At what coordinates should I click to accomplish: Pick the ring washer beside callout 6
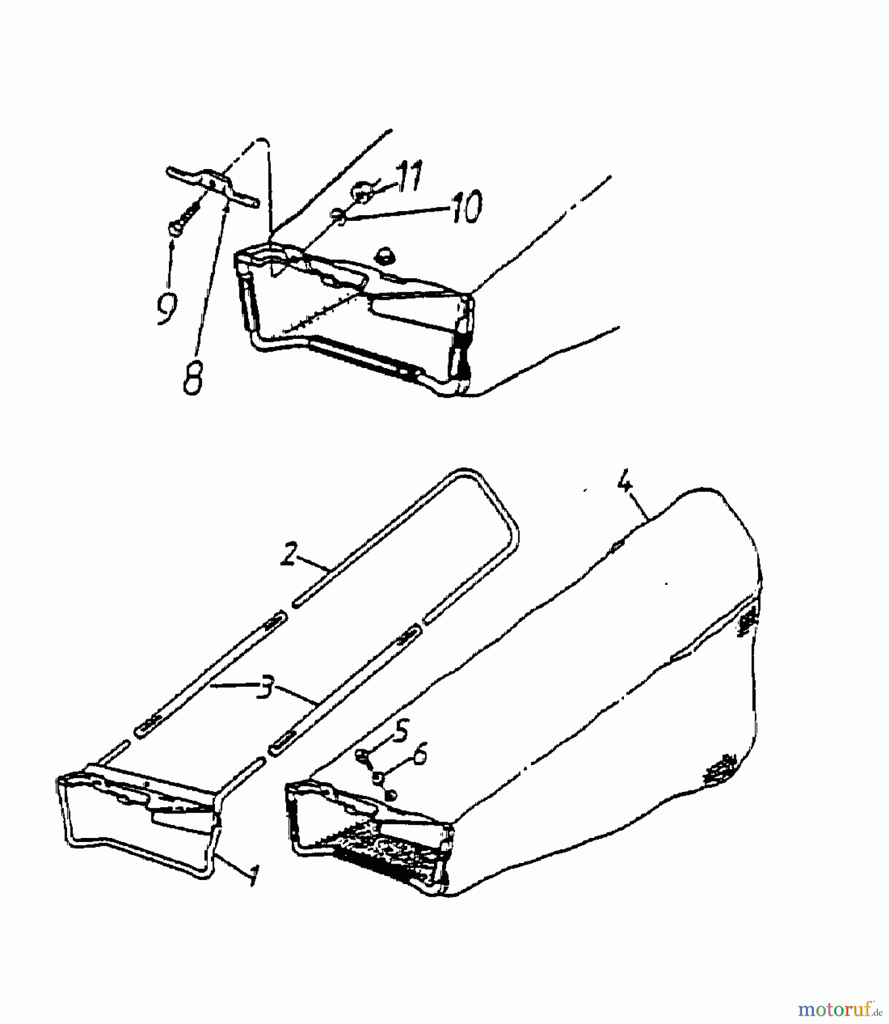pyautogui.click(x=377, y=776)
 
